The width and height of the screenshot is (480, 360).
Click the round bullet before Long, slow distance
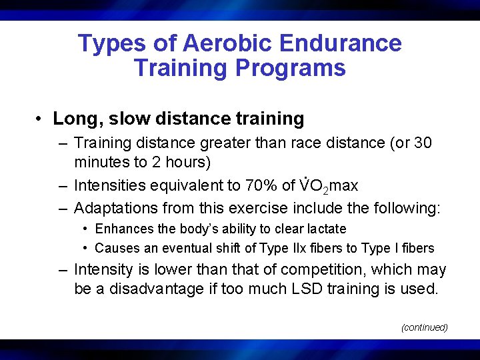pyautogui.click(x=41, y=119)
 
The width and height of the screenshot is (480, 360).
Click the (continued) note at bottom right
pyautogui.click(x=424, y=327)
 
